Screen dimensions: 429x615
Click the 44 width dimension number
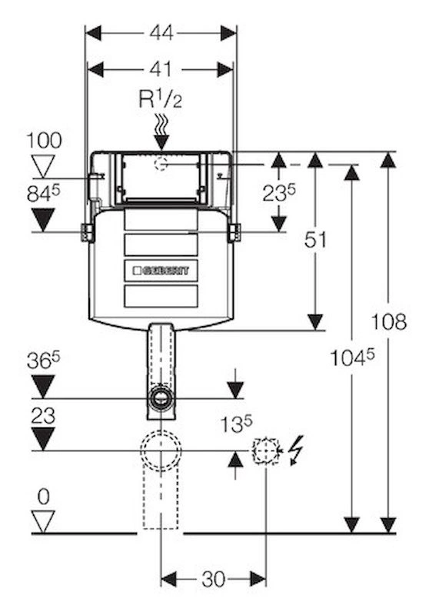161,33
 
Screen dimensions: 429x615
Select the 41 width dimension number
161,69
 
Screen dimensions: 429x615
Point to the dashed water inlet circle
161,164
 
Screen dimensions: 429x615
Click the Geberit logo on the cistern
161,271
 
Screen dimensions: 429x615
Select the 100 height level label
44,141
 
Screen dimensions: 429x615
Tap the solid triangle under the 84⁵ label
43,220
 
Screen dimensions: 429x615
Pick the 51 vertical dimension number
315,240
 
